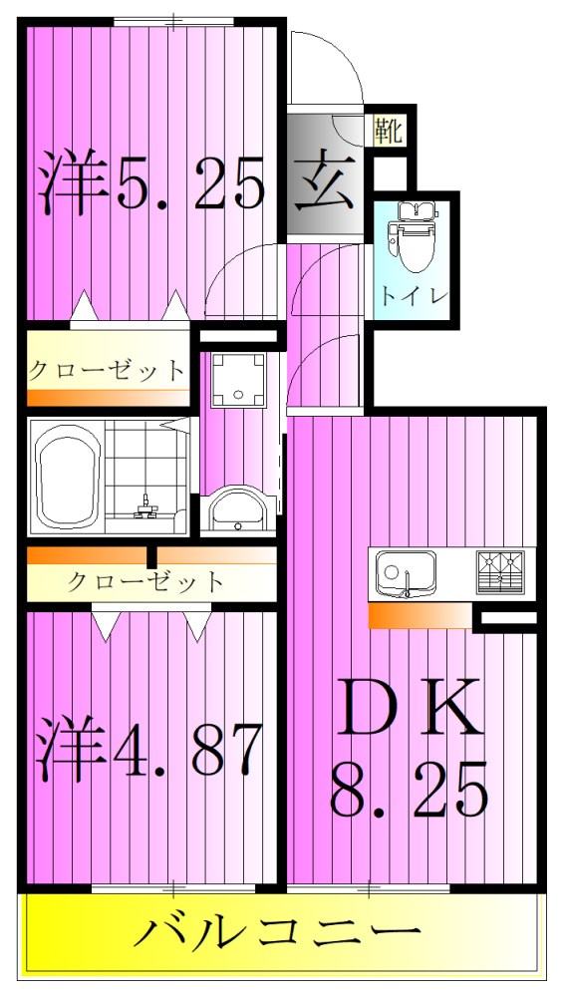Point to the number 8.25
coord(409,788)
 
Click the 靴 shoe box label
coord(389,131)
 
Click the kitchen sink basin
coord(404,574)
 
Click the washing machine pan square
coord(238,379)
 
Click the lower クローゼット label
coord(146,581)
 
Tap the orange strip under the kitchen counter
coord(419,616)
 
